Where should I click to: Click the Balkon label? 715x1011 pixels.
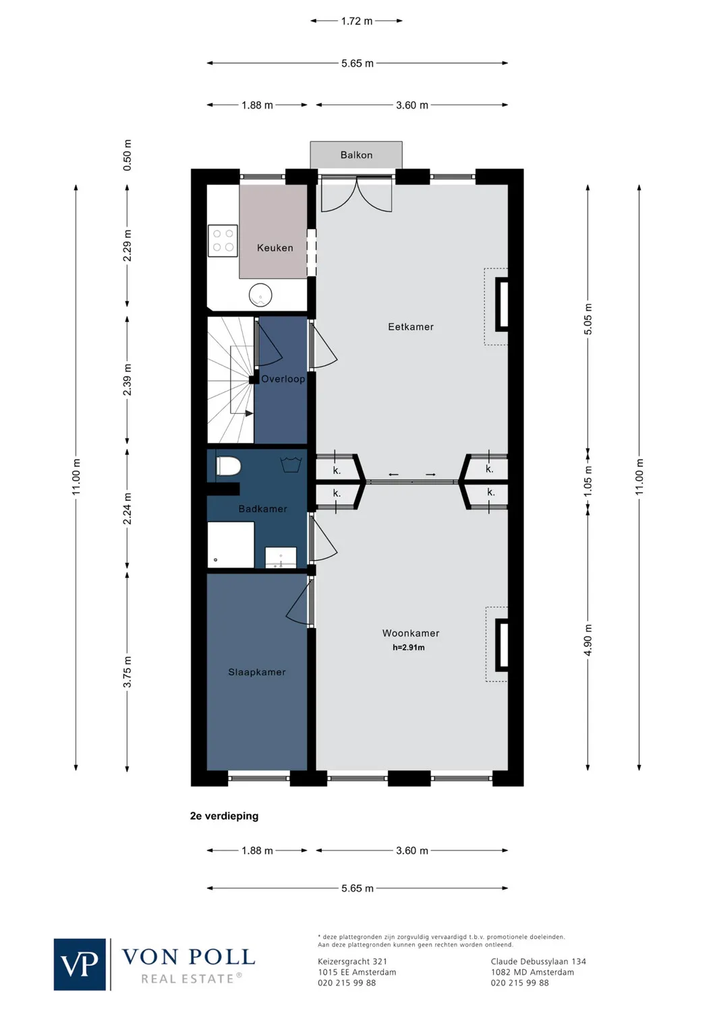(x=356, y=155)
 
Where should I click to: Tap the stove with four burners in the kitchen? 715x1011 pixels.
(x=223, y=241)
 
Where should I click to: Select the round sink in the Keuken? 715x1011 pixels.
(x=260, y=295)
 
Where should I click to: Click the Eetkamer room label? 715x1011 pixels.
(x=411, y=327)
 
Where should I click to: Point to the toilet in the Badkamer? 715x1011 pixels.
(x=229, y=466)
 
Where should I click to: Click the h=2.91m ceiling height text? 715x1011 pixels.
(x=409, y=648)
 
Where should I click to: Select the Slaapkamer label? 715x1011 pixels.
(x=257, y=672)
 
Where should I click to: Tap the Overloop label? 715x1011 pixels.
(x=283, y=379)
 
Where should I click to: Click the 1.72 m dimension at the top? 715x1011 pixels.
(x=356, y=22)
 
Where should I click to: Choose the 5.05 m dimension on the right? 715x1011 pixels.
(x=588, y=319)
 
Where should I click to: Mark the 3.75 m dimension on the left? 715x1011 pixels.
(x=127, y=672)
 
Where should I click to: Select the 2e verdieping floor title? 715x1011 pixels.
(x=225, y=816)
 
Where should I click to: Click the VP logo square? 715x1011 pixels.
(x=80, y=964)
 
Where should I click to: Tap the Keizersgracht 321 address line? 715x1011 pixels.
(x=353, y=962)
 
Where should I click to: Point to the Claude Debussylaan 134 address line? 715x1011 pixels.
(x=538, y=962)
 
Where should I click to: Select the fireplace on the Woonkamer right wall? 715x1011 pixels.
(x=502, y=645)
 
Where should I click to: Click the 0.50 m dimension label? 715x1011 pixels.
(x=127, y=155)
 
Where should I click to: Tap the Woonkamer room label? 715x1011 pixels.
(x=411, y=634)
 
